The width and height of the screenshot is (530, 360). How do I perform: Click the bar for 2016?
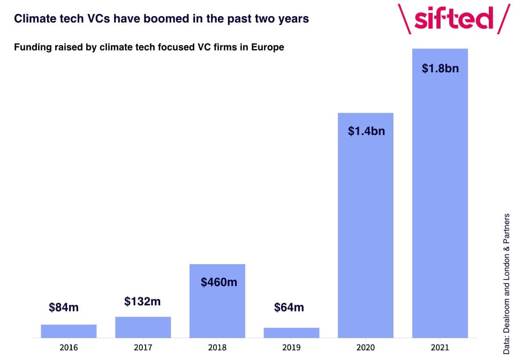coord(69,331)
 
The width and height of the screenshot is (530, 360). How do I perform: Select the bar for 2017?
coord(143,327)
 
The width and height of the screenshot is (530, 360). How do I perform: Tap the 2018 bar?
coord(217,301)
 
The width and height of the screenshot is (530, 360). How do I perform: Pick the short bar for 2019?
coord(291,333)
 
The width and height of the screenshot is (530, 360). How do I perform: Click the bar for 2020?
coord(366,226)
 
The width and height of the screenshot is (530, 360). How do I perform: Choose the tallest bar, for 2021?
coord(440,193)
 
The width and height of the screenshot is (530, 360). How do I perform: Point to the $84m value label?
coord(64,307)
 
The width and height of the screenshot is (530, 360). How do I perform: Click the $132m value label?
coord(142,301)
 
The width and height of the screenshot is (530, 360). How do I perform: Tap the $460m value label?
coord(219,282)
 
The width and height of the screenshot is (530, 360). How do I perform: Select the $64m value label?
coord(289,307)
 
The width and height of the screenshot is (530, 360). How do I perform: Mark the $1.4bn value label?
coord(366,131)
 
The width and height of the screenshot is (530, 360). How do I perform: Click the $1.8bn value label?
coord(441,69)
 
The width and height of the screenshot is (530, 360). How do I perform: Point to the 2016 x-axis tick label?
coord(69,348)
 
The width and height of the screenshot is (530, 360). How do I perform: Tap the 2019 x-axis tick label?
coord(291,348)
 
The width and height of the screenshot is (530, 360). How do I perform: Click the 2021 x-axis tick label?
coord(440,348)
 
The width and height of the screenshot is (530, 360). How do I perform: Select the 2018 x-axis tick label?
coord(217,348)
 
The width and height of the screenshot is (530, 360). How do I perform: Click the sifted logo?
coord(454,19)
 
